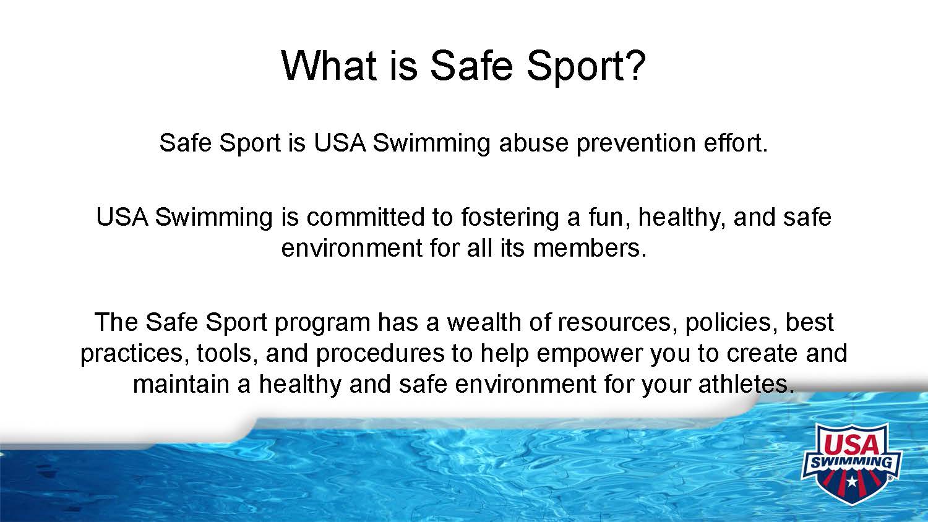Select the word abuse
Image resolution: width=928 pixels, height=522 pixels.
533,142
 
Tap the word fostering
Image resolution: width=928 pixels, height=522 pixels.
510,218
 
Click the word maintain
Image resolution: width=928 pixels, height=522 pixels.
181,384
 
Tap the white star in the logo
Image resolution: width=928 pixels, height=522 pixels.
852,481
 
